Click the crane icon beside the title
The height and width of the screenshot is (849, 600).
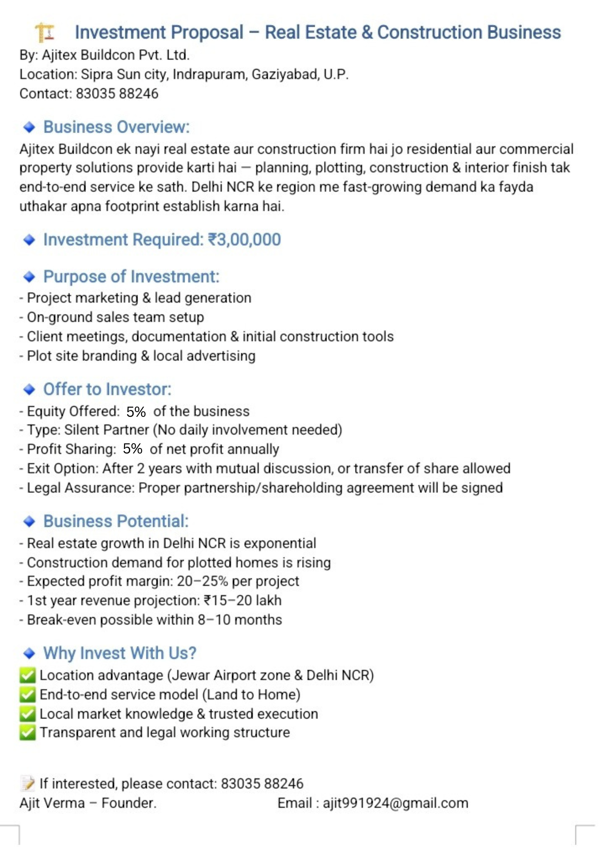pos(45,32)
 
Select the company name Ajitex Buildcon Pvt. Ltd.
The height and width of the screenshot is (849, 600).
pos(115,55)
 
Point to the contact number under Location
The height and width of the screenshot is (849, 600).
pos(117,94)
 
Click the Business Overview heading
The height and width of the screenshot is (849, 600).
pos(116,127)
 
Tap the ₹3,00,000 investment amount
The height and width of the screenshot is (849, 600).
pos(245,240)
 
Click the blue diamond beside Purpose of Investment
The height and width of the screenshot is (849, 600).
pos(29,277)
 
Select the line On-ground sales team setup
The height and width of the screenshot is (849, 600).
pos(115,317)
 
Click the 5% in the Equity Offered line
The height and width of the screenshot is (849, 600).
pos(136,412)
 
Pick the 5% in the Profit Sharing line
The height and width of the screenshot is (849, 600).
pos(132,449)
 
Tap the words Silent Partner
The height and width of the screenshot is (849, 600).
pos(107,430)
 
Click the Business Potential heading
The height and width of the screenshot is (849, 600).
pos(116,521)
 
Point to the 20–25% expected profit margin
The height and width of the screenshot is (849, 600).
pos(202,581)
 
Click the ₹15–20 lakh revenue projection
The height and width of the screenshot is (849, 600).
pos(242,601)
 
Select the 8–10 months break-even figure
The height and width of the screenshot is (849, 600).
pos(240,620)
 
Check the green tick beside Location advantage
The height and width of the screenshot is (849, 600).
pos(28,675)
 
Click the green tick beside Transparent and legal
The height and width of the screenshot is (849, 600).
pos(28,733)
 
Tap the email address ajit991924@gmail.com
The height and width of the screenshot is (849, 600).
pos(395,803)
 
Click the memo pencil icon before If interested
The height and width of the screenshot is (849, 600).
pos(28,784)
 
